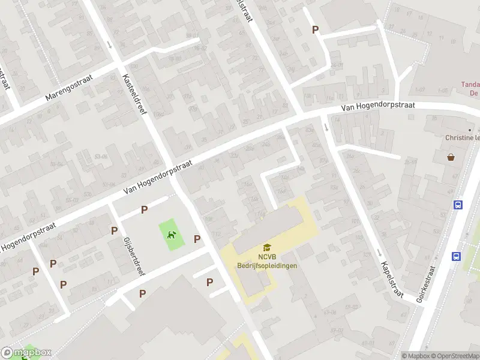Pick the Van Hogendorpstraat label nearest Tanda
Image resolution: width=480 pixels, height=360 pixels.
pos(378,106)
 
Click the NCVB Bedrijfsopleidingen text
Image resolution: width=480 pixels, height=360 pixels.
pos(267,261)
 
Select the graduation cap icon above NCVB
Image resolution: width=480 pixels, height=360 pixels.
pos(267,247)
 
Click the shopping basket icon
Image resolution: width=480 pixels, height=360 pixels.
pos(451,158)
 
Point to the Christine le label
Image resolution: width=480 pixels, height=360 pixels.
pos(463,137)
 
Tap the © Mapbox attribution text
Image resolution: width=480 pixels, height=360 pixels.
pos(417,356)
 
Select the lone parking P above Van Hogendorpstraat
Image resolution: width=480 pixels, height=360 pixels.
pos(315,29)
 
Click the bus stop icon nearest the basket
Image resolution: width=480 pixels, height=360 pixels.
pos(458,205)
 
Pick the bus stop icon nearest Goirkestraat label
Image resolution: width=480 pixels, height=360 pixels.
pos(456,257)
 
